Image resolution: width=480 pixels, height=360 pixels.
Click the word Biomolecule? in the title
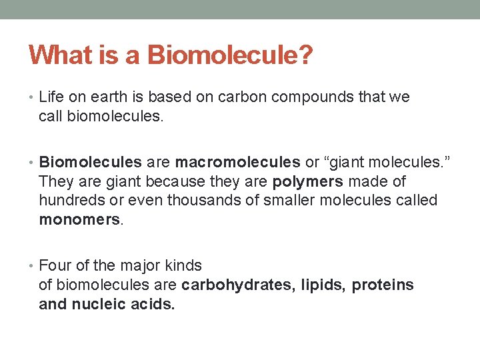coord(230,55)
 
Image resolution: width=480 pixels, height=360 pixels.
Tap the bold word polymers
coord(305,181)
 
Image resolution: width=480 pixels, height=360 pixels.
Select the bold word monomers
coord(80,220)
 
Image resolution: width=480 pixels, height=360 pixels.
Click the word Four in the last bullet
coord(53,265)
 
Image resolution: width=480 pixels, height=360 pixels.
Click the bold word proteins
coord(383,285)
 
